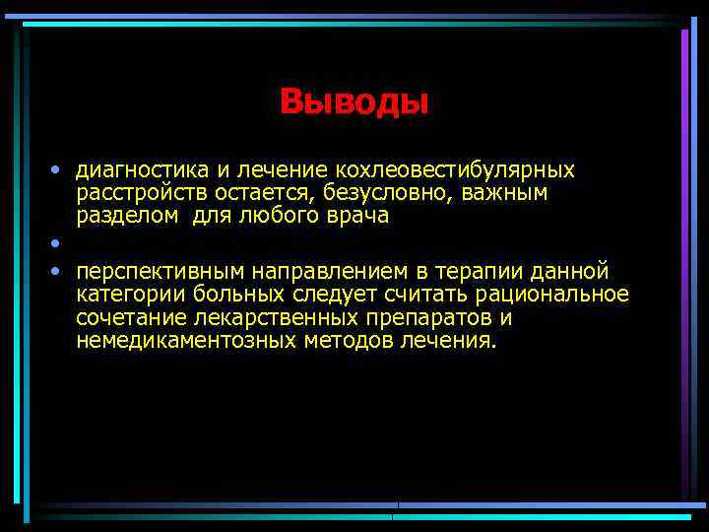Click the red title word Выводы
coord(354,101)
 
